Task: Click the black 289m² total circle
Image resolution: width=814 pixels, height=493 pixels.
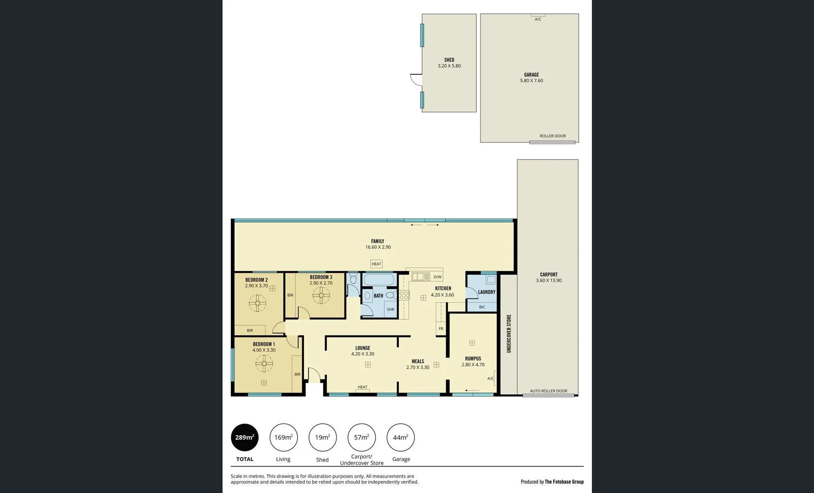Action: pos(245,437)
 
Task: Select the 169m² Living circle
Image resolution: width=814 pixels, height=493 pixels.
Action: pos(283,437)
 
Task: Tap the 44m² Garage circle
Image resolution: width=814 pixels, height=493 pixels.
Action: pos(400,437)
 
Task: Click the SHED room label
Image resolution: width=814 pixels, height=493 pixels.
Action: pos(449,60)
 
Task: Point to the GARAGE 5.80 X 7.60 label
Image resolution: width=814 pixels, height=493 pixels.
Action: pos(531,78)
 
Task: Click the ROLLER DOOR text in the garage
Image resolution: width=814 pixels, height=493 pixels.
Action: pos(552,136)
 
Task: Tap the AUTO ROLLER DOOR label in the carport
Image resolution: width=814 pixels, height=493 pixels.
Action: pos(548,391)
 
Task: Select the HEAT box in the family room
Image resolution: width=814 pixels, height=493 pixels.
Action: pos(376,264)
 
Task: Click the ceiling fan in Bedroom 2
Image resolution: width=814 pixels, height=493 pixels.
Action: pos(257,303)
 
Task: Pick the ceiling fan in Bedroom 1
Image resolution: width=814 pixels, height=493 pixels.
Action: pos(264,364)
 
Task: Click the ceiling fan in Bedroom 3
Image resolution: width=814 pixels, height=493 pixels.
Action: pos(321,295)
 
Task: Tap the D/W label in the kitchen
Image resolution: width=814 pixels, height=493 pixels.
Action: pos(437,277)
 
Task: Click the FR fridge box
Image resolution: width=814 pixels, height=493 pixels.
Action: pos(441,329)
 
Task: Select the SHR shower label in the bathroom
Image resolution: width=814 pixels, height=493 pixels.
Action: pos(390,309)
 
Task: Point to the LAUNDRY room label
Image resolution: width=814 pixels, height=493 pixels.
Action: pos(486,292)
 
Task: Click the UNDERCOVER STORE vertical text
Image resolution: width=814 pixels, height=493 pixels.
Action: pos(509,333)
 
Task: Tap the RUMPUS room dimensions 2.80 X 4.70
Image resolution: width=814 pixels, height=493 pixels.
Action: pos(473,365)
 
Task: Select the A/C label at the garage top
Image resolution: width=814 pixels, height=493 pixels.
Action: pos(537,19)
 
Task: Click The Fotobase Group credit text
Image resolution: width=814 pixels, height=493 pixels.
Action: pos(564,482)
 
